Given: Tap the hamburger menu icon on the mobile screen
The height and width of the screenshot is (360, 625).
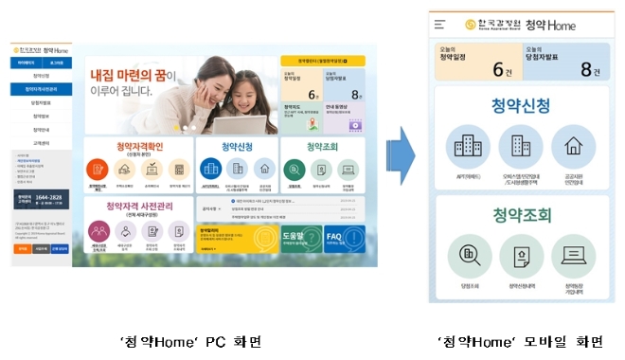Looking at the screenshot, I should click(439, 25).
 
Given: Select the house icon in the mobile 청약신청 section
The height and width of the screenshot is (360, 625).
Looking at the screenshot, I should click(573, 147).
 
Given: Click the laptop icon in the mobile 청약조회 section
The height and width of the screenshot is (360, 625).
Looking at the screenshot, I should click(573, 253).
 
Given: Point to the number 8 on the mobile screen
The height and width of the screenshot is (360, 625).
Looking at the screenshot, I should click(585, 69).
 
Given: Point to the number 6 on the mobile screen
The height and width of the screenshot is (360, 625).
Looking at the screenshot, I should click(496, 69).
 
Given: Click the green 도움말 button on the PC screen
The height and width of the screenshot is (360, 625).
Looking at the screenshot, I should click(295, 238).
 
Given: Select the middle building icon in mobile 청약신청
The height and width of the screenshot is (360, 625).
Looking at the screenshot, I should click(520, 147).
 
